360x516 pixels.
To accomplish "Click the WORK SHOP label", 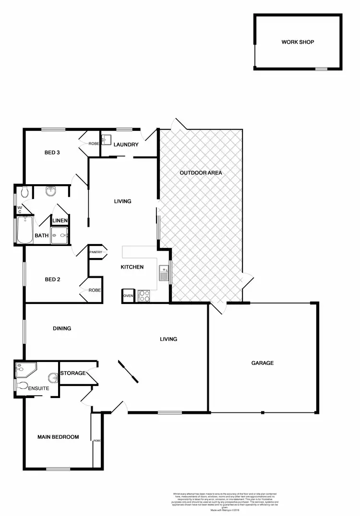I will pos(298,42).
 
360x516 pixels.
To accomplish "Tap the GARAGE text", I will pos(263,363).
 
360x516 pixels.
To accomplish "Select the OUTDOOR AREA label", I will pos(201,173).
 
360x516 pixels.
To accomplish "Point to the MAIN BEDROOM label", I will pos(58,437).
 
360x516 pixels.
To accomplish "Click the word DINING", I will pos(62,328).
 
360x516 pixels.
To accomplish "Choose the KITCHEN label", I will pos(132,267).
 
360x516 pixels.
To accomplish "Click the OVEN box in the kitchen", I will pos(128,296).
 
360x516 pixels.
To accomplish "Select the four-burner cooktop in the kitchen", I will pos(144,295).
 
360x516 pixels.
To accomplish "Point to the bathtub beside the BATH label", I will pos(24,231).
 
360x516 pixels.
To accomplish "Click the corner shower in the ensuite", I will pos(24,369).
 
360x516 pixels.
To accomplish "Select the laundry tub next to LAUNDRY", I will pos(107,140).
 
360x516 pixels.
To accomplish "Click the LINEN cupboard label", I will pos(60,221).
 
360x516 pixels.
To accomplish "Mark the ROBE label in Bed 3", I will pos(93,144).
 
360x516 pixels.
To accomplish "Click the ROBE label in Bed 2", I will pos(94,290).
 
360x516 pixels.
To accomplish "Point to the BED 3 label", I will pos(52,153).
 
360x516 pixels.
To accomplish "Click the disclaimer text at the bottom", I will pos(225,501).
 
